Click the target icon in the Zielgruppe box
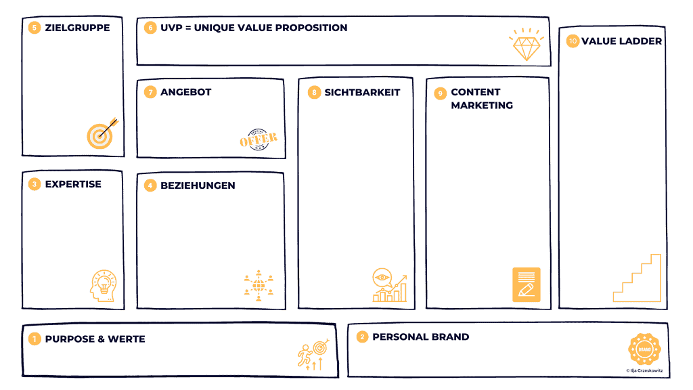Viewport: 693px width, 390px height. pos(101,134)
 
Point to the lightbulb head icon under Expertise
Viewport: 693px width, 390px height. pos(103,284)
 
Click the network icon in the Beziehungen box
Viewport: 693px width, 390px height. pos(258,285)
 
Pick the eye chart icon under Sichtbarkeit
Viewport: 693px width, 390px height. pos(388,285)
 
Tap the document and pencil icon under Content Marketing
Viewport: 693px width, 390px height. pos(526,284)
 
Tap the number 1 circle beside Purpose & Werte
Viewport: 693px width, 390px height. pos(34,339)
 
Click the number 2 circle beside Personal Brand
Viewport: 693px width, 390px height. pos(362,337)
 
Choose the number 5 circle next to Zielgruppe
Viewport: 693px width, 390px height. pos(34,28)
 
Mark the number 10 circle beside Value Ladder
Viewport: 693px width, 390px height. pos(573,41)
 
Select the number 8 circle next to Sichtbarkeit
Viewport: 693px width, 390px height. pos(313,92)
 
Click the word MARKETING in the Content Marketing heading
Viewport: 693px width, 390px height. pos(482,105)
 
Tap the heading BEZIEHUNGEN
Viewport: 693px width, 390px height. pos(198,185)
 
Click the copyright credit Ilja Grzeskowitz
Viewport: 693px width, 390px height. pos(646,370)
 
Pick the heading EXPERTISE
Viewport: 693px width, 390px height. pos(73,183)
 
